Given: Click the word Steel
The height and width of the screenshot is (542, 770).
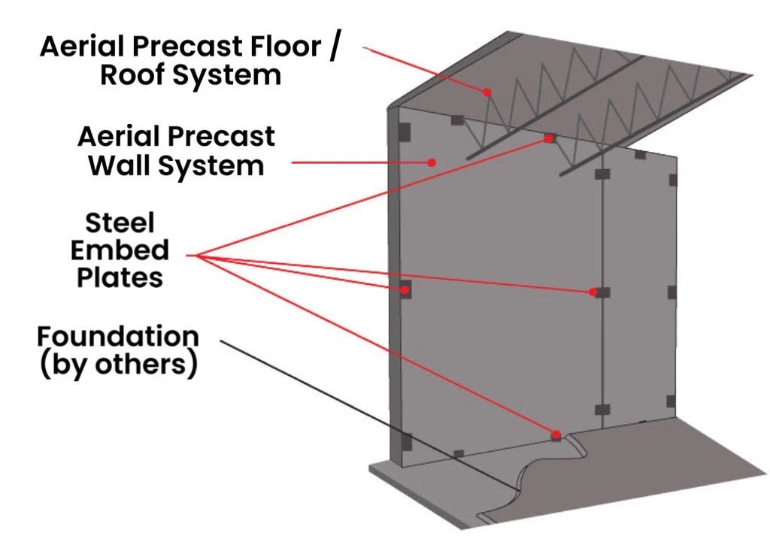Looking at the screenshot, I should (119, 223).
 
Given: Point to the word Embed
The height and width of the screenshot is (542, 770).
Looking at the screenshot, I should (120, 250).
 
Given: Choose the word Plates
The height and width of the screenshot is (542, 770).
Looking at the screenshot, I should (120, 277).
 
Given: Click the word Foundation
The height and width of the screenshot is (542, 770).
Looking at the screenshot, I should (118, 335).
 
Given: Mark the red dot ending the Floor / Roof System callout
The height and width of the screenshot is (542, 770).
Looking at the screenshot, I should (487, 92).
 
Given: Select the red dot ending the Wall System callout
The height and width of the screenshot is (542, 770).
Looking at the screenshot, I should (432, 160).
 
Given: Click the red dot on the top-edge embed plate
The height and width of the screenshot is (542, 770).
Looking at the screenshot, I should (550, 138).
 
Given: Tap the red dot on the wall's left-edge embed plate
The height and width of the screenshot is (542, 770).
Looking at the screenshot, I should (404, 289).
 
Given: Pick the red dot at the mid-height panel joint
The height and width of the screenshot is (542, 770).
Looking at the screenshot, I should (594, 292).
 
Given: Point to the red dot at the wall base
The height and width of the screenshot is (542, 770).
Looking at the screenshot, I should (556, 435).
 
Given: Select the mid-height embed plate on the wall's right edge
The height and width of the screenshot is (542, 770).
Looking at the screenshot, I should (672, 292).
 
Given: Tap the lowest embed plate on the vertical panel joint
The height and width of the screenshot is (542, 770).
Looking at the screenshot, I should (601, 410).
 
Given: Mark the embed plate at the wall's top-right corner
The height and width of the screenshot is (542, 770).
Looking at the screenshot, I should (672, 180).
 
